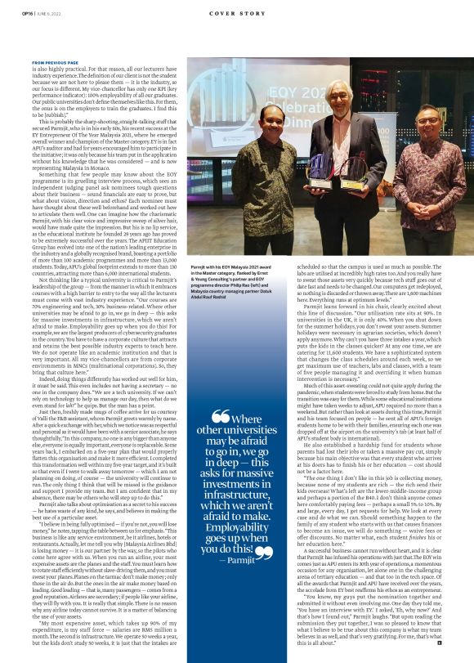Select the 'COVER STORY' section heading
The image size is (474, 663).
tap(237, 12)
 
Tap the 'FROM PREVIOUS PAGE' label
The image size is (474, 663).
tap(55, 62)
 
